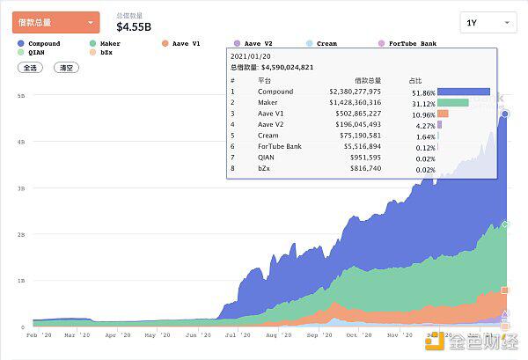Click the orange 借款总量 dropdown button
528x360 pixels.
pos(55,22)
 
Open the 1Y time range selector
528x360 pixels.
pos(488,22)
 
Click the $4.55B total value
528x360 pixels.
pos(140,26)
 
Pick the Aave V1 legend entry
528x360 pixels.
pos(183,43)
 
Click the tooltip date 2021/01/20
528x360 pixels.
pos(251,56)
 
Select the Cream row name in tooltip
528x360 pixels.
pos(268,136)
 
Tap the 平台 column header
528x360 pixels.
pos(264,79)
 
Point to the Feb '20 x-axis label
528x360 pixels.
pos(39,335)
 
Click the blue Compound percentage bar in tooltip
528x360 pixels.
pos(463,91)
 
